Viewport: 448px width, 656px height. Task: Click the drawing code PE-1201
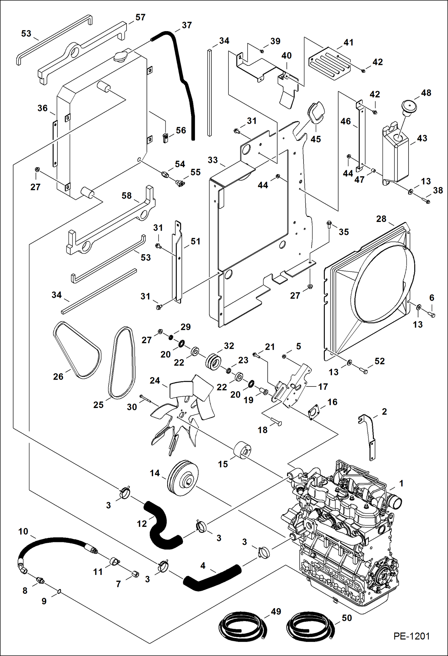click(412, 636)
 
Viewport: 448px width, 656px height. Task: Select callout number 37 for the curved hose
click(187, 25)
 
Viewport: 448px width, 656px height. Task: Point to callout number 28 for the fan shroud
click(381, 219)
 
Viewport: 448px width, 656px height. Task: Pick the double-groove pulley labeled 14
click(182, 478)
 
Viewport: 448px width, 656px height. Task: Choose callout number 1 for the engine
click(401, 483)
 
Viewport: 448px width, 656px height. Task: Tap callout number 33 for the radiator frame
click(213, 160)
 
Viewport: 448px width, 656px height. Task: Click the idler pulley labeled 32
click(214, 361)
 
